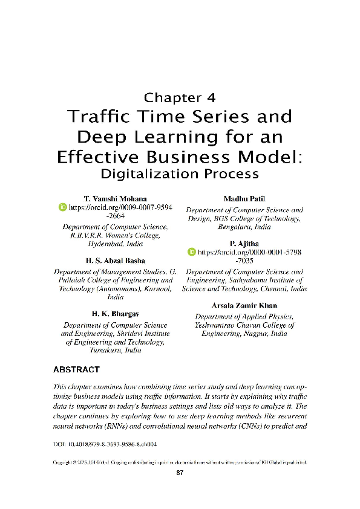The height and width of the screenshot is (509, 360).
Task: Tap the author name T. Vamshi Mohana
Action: [x=115, y=198]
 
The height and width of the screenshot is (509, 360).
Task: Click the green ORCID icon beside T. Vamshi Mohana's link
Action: [x=62, y=207]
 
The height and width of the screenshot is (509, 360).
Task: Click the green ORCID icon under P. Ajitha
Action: [x=192, y=250]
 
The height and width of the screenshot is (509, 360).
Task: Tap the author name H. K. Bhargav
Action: [x=115, y=314]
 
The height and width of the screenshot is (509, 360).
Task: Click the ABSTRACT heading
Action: [x=76, y=369]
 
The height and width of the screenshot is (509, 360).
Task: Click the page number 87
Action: [x=179, y=473]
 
